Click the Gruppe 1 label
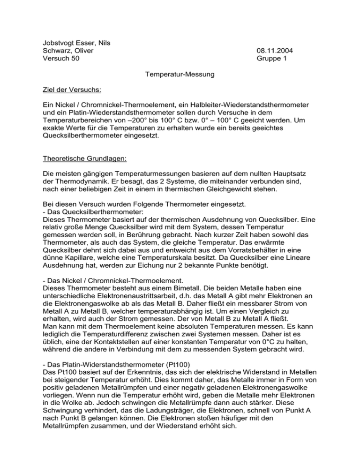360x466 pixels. coord(272,59)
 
